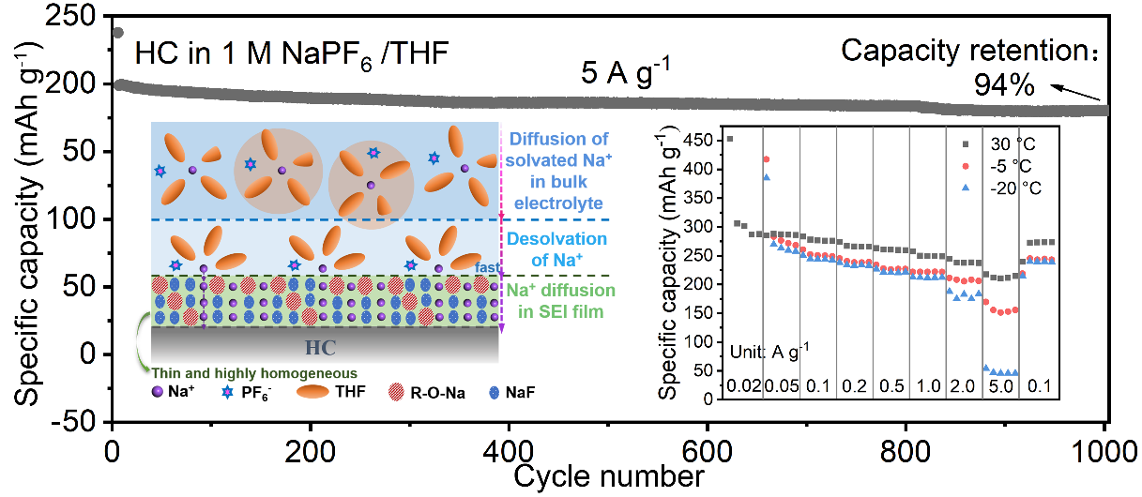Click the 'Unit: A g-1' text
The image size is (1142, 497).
click(769, 352)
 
